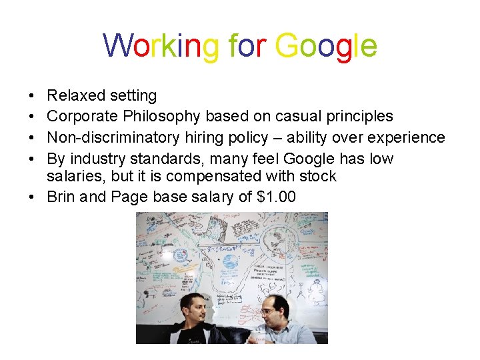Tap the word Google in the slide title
(x=326, y=46)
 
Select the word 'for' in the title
(x=247, y=46)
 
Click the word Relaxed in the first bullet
(x=73, y=96)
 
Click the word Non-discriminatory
(x=112, y=137)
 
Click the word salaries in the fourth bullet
(x=74, y=176)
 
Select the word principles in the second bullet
(x=359, y=116)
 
